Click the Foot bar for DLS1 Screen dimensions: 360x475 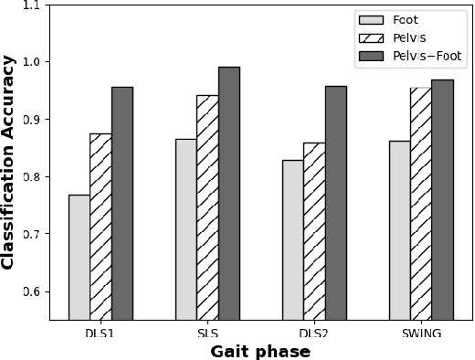coord(79,257)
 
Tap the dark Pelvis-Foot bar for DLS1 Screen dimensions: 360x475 coord(122,203)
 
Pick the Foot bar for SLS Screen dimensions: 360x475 coord(186,229)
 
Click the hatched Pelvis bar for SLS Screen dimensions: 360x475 coord(207,207)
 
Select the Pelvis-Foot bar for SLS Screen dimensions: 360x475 coord(229,193)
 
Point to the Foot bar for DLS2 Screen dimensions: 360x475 coord(293,239)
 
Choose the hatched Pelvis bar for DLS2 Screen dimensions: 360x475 coord(314,231)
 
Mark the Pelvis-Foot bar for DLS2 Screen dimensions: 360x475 coord(336,203)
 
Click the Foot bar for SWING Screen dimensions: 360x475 coord(400,230)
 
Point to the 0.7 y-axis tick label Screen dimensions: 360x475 coord(31,235)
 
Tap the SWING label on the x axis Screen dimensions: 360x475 coord(421,334)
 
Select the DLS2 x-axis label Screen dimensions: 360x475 coord(314,334)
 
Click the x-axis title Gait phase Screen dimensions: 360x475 coord(260,352)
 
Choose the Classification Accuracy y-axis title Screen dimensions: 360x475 coord(8,162)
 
